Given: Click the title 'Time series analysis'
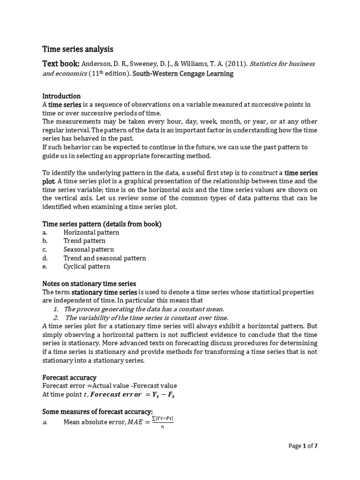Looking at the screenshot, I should coord(78,49).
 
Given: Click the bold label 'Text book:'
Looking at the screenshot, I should coord(61,63).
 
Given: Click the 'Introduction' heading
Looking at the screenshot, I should coord(61,96).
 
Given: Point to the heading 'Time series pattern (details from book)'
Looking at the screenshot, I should coord(102,224).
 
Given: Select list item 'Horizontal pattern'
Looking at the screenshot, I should coord(91,232).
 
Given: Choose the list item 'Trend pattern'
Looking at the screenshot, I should coord(84,241).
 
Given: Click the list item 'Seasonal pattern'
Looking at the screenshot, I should coord(89,249).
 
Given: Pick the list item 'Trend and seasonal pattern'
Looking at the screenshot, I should coord(105,258).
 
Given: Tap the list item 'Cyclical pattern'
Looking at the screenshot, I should coord(87,266).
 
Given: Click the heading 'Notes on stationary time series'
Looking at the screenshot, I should coord(89,284).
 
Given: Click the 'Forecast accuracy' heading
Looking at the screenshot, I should coord(69,377).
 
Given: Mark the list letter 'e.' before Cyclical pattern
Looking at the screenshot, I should coord(45,266).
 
